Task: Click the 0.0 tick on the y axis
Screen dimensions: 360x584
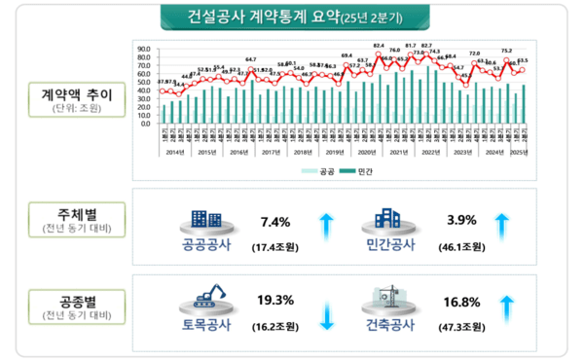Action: (143, 124)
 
